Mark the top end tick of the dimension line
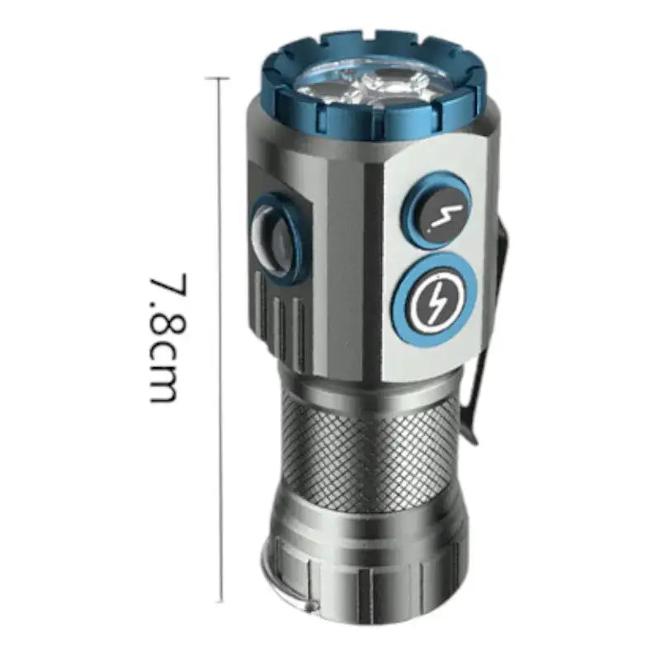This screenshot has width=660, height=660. coord(218,78)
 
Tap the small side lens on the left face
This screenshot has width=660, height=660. coord(271,240)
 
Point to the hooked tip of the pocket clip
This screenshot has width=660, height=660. coord(472,438)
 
